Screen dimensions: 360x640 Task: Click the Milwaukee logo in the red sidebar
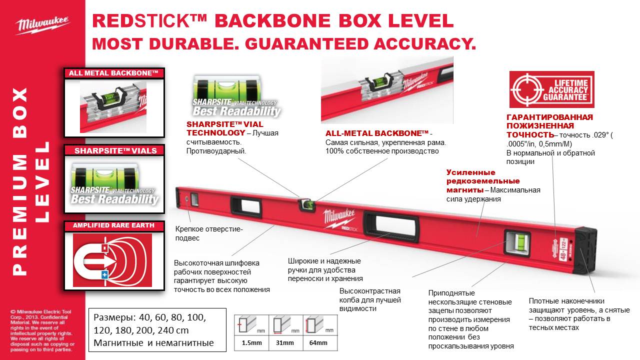click(43, 24)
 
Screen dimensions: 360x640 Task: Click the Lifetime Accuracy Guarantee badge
click(551, 89)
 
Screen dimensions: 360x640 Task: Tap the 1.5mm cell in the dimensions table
click(251, 342)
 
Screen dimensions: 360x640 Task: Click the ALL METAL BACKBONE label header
click(113, 73)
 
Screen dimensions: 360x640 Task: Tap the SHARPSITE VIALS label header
click(113, 150)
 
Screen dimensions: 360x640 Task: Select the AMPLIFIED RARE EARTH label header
click(113, 226)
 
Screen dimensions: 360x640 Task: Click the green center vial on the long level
click(306, 204)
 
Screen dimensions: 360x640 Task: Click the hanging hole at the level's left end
click(187, 198)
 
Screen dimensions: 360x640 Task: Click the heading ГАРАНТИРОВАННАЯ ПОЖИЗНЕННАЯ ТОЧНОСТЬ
click(542, 126)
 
